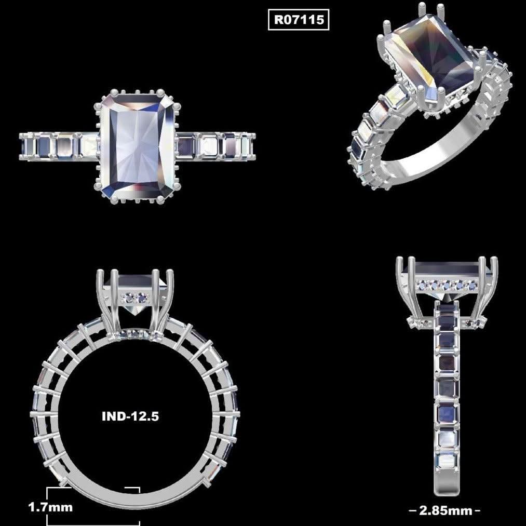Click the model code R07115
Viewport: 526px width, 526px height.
tap(299, 20)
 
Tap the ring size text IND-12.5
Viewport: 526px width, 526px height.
tap(130, 416)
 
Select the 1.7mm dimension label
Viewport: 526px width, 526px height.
tap(50, 507)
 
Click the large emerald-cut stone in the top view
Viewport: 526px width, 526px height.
tap(138, 146)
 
